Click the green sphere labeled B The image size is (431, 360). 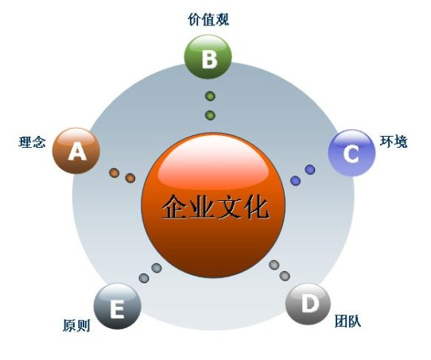point(208,57)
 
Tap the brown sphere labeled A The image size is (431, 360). point(76,150)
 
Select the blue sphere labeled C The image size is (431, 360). point(351,153)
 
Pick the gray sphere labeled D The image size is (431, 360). point(308,304)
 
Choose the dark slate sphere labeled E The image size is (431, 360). point(118,306)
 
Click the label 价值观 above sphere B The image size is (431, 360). point(208,20)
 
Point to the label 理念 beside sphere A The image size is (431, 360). point(32,142)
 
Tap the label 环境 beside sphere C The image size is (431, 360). point(394,142)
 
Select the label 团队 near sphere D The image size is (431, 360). point(348,321)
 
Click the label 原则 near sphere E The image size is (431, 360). point(76,326)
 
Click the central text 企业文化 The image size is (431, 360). point(215,207)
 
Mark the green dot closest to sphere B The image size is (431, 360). point(210,96)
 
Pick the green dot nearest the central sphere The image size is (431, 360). point(210,115)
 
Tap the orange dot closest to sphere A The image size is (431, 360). point(114,173)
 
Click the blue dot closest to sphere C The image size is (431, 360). point(310,170)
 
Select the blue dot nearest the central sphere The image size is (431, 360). point(296,180)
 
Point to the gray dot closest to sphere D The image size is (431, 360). point(285,276)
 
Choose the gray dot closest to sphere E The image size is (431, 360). point(144,278)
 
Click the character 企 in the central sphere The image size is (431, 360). point(174,207)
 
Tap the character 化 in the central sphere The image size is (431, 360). point(257,207)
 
